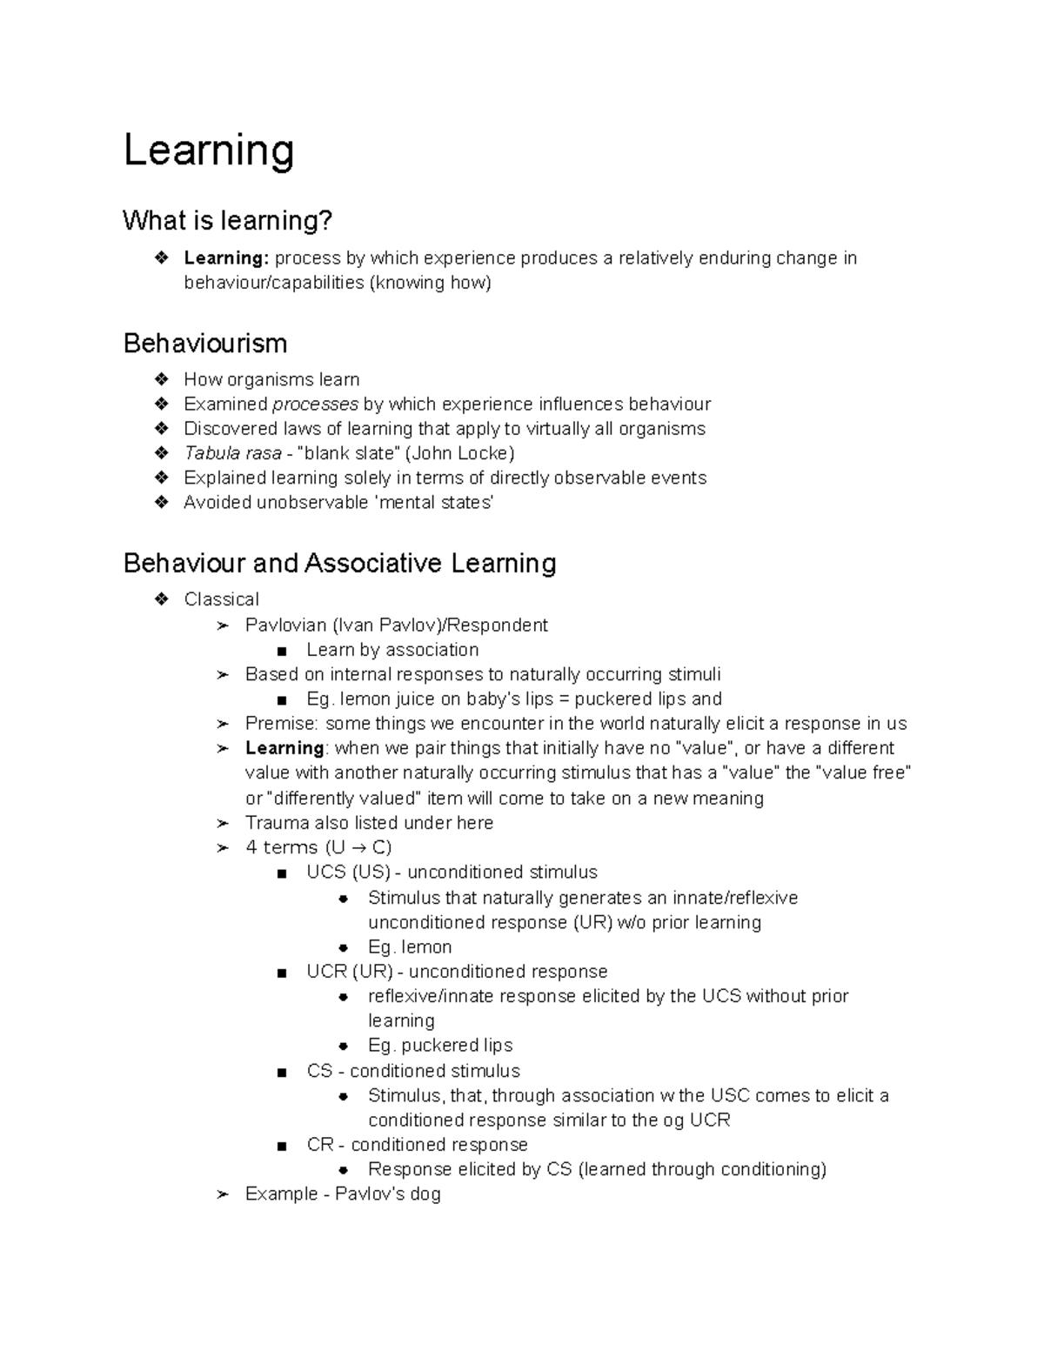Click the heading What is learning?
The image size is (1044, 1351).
pyautogui.click(x=227, y=221)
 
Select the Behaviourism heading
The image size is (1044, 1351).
pyautogui.click(x=205, y=344)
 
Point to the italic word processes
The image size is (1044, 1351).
pyautogui.click(x=315, y=405)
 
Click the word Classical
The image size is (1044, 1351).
pyautogui.click(x=221, y=599)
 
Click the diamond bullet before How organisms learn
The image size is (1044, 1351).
pyautogui.click(x=161, y=380)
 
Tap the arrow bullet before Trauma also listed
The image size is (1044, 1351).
pyautogui.click(x=223, y=824)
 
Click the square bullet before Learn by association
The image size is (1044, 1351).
pyautogui.click(x=281, y=652)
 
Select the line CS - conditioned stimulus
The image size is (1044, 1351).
pyautogui.click(x=413, y=1071)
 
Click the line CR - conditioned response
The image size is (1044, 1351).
pyautogui.click(x=417, y=1145)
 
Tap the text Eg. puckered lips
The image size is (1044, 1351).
pyautogui.click(x=440, y=1046)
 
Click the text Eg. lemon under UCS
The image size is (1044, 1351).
pyautogui.click(x=410, y=947)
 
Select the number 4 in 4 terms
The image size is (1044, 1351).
pyautogui.click(x=251, y=848)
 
